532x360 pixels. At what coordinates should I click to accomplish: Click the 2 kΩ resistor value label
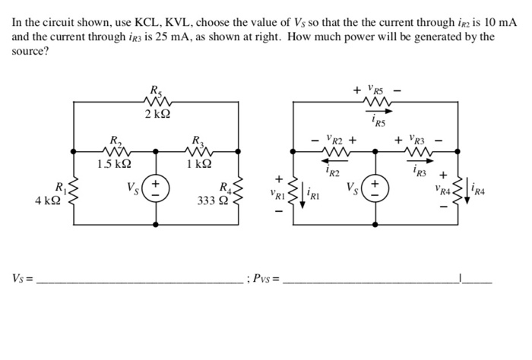157,114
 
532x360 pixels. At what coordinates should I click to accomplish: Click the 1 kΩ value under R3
198,163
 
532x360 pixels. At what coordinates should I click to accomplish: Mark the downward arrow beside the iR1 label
303,194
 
